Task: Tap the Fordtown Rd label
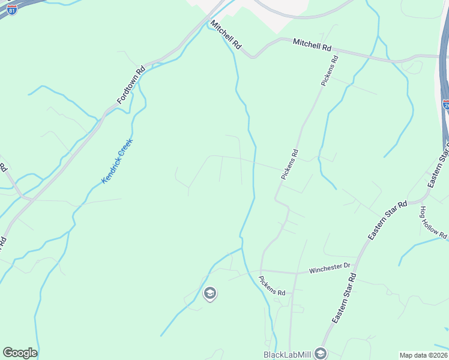131,85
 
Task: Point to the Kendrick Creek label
116,161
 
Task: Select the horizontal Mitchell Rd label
312,45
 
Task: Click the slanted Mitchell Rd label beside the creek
226,35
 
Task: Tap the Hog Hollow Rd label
433,221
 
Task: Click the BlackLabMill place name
287,354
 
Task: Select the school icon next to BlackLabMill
321,353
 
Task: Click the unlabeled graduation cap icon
210,293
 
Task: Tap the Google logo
20,353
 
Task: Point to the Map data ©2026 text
423,355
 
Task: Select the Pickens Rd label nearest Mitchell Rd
330,71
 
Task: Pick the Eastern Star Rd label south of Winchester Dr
345,298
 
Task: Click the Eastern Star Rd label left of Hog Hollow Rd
388,221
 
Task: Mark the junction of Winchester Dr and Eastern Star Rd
358,267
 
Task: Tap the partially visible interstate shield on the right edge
446,104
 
